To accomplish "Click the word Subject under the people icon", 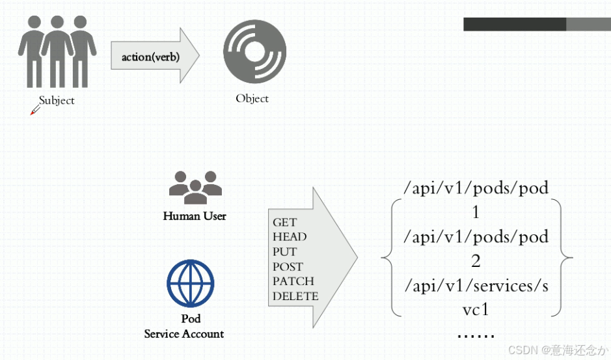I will [57, 100].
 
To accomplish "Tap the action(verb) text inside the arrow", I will [150, 57].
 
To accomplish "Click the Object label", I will [252, 98].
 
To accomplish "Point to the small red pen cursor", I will [34, 111].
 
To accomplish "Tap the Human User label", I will [195, 215].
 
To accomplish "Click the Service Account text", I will [184, 334].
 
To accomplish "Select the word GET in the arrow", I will [285, 223].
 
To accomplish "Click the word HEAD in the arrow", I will [290, 237].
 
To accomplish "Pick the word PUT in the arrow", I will [285, 252].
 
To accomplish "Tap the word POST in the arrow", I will [288, 266].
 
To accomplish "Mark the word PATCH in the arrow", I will [293, 281].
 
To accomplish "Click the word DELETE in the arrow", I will [295, 296].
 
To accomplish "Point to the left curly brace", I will [388, 258].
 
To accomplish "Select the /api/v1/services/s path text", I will [476, 285].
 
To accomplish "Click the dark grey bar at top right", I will [514, 24].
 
